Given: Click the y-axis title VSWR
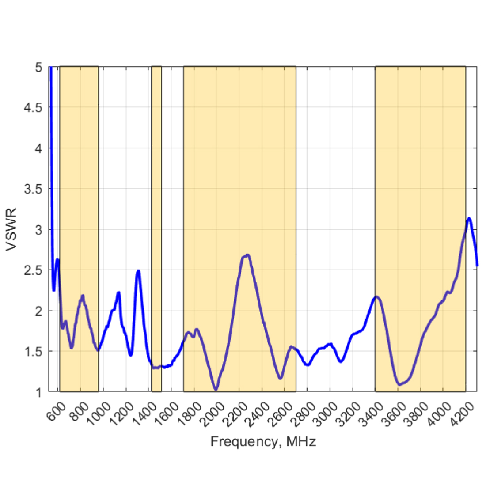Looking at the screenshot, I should [x=11, y=230].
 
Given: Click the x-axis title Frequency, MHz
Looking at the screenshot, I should [x=263, y=441].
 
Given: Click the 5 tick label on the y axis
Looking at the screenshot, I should [x=39, y=68].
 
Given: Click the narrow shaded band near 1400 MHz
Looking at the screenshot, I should [x=156, y=221].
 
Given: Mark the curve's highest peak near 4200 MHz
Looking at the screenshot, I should [x=469, y=218].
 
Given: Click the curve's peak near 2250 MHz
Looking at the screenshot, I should [x=247, y=255].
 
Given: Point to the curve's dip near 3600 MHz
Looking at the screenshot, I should [x=399, y=384].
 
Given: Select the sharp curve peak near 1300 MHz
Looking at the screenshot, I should [x=138, y=271].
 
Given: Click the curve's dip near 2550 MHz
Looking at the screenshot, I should [x=280, y=378].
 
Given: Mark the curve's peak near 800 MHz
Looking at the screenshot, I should [x=82, y=296].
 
